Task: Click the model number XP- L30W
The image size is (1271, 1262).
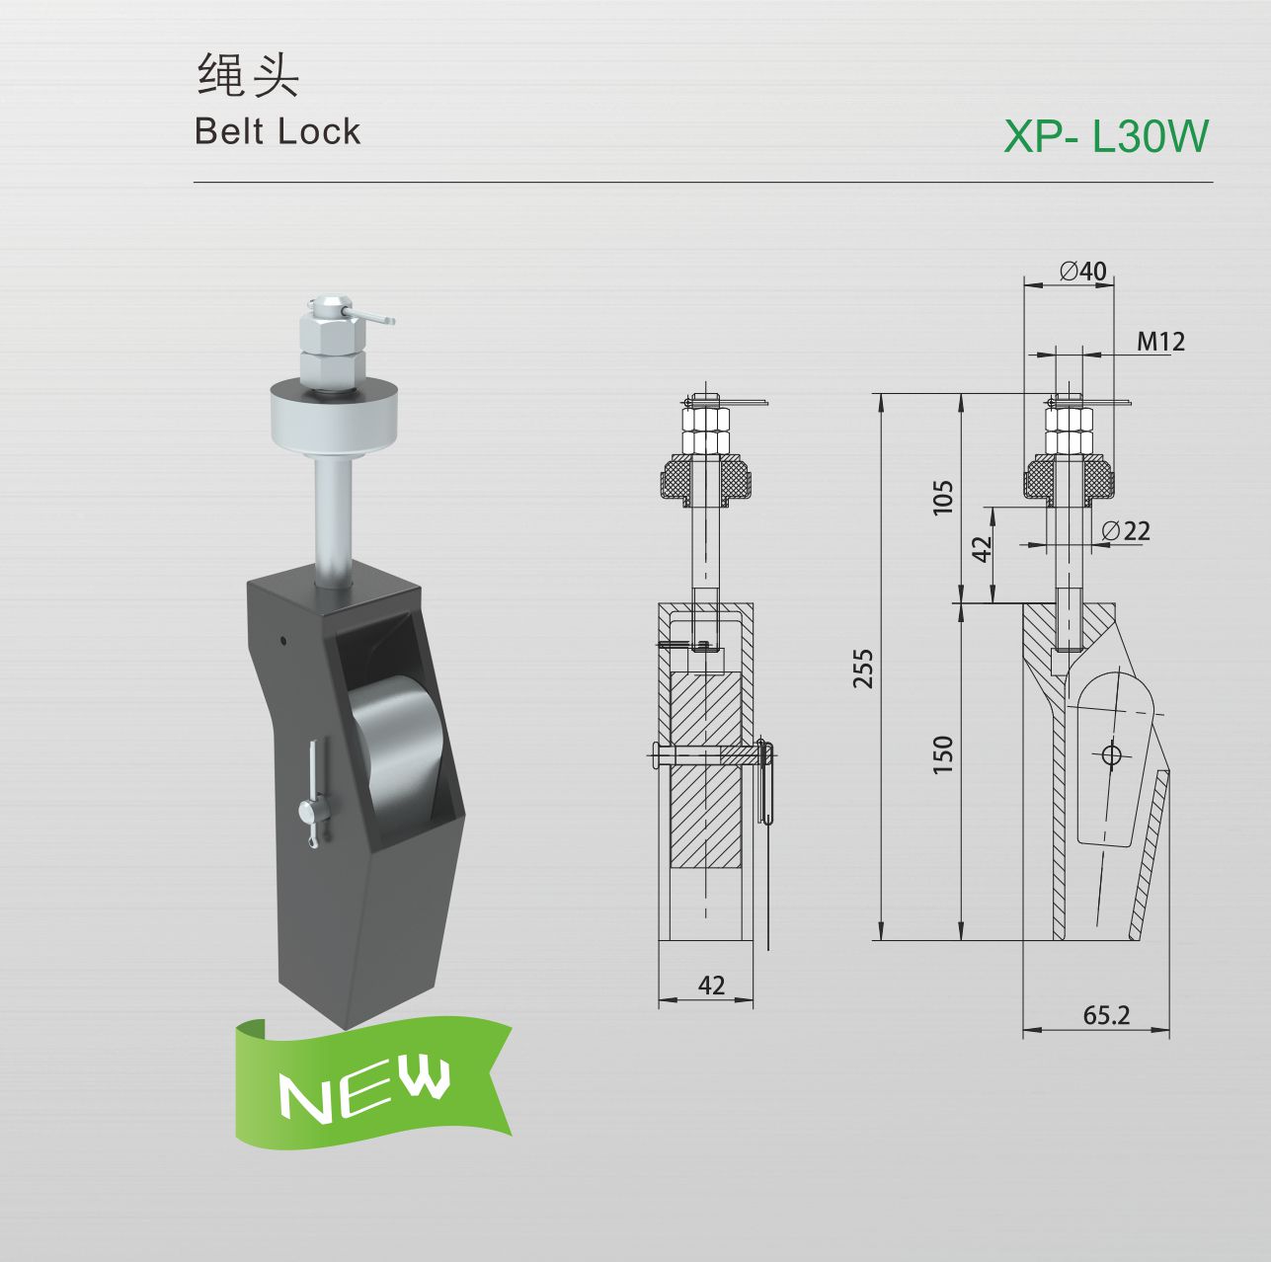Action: [1105, 136]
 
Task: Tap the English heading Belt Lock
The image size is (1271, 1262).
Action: [278, 131]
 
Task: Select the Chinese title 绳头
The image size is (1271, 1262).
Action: [249, 75]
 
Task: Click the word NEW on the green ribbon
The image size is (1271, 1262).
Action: [364, 1092]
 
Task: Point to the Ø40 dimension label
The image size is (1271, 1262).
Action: [1083, 272]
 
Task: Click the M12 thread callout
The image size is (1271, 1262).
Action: [1160, 341]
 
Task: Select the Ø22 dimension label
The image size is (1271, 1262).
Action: [1126, 530]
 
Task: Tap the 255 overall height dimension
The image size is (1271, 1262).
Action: [863, 669]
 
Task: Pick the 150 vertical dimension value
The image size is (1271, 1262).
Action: [943, 754]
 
